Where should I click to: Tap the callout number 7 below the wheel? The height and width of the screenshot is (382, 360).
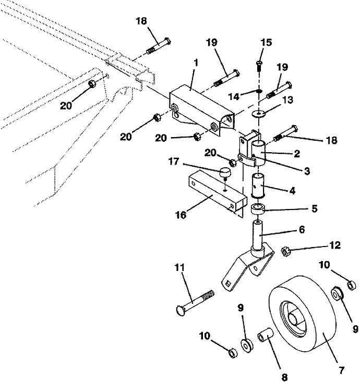[x=341, y=371]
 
